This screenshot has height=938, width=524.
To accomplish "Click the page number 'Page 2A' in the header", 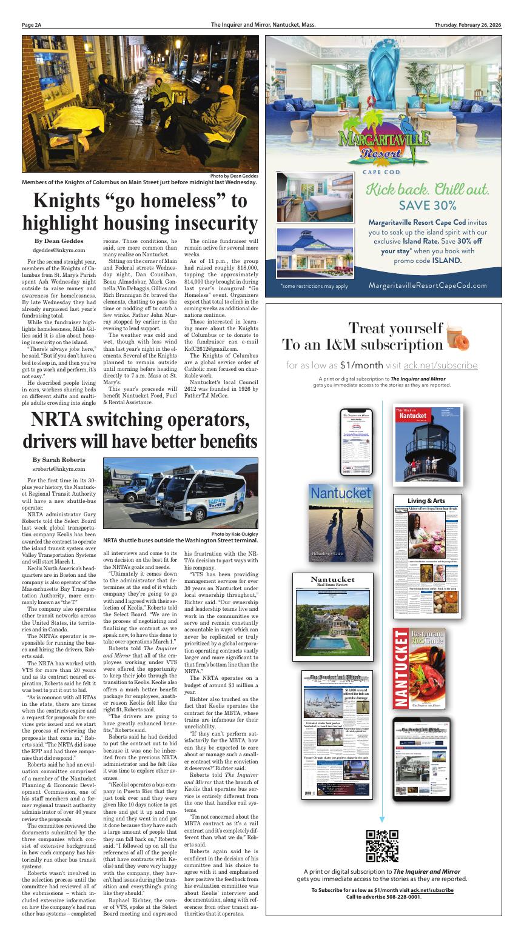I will pos(32,25).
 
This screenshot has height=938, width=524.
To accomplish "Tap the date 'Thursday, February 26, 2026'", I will pos(468,25).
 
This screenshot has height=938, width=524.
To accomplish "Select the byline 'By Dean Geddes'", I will pos(59,241).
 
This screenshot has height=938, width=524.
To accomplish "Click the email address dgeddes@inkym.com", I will pos(59,250).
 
